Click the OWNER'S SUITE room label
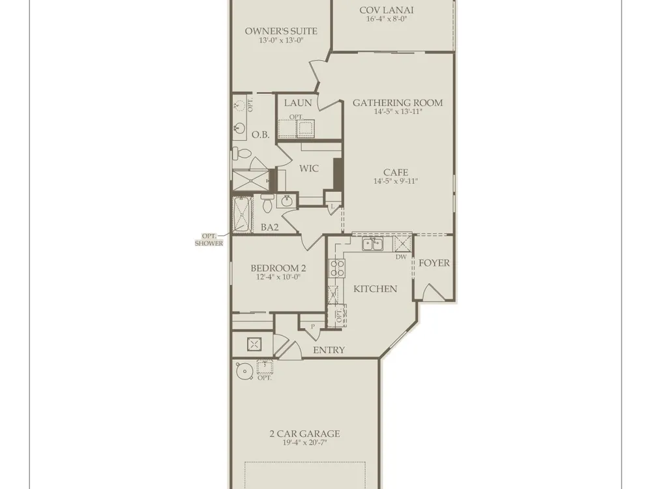tap(280, 31)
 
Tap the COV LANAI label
tap(386, 10)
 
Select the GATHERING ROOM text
tap(398, 103)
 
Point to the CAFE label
tap(396, 172)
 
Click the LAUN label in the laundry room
tap(298, 103)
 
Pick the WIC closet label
tap(309, 168)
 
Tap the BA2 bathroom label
tap(269, 227)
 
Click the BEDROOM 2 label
tap(278, 268)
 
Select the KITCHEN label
tap(375, 289)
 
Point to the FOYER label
tap(434, 263)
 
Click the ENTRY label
tap(329, 350)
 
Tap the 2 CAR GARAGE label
tap(304, 434)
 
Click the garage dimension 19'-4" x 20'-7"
tap(304, 443)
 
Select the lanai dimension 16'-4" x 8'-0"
tap(386, 19)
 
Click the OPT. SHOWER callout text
tap(209, 240)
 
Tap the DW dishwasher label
tap(401, 257)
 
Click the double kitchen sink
tap(372, 244)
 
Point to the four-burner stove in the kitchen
tap(336, 268)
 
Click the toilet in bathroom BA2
tap(267, 203)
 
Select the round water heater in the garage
tap(244, 371)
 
